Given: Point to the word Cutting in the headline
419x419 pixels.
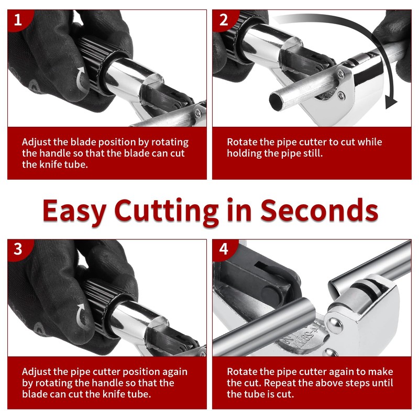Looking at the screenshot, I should pos(166,211).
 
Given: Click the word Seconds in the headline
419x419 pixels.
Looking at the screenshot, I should pos(319,211).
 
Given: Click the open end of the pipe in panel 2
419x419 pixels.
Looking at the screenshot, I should pos(277,100).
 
